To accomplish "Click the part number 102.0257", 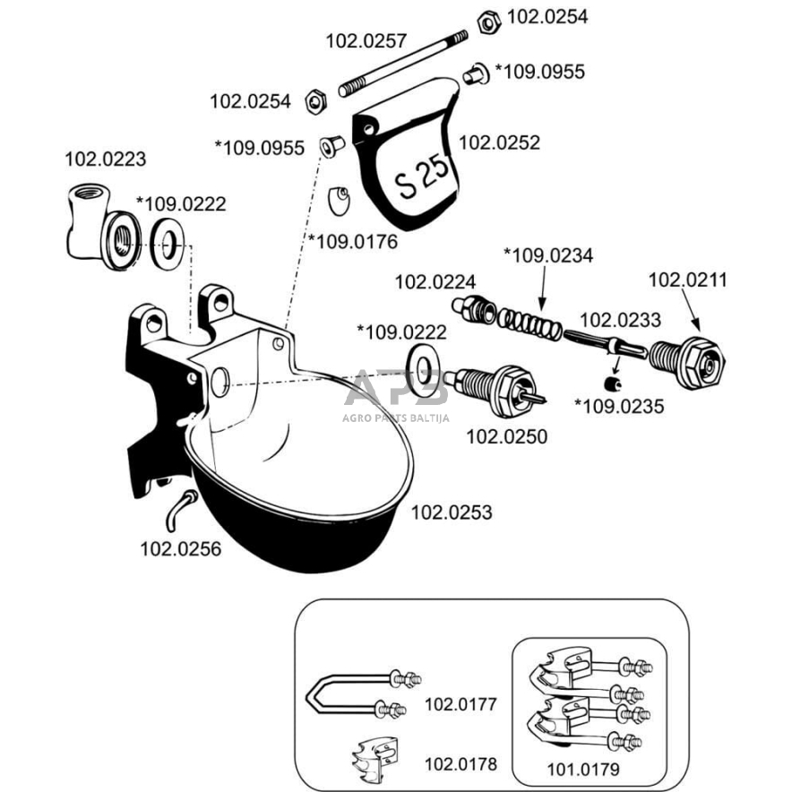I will pyautogui.click(x=366, y=40).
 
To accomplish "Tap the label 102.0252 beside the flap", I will pyautogui.click(x=499, y=142).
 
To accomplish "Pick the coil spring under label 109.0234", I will pyautogui.click(x=529, y=322).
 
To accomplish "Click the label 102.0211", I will pyautogui.click(x=688, y=280).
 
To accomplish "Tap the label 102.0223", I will pyautogui.click(x=106, y=159).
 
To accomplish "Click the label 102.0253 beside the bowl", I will pyautogui.click(x=452, y=512).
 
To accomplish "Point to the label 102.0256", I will pyautogui.click(x=181, y=548).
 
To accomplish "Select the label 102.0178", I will pyautogui.click(x=460, y=764).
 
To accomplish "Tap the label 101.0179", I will pyautogui.click(x=583, y=769).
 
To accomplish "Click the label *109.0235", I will pyautogui.click(x=619, y=407).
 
